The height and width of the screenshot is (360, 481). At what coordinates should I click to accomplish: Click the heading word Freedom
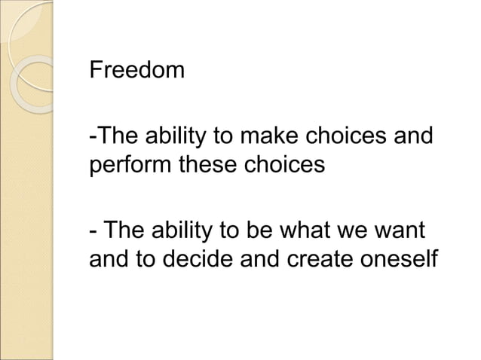pos(136,71)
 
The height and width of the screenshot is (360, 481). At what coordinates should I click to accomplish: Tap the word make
pos(268,139)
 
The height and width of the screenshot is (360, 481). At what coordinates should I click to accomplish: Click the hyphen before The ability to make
pos(92,140)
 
